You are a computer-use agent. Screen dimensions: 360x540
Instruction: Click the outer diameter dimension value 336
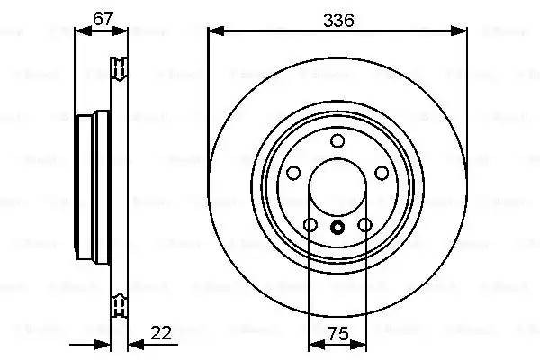pyautogui.click(x=337, y=17)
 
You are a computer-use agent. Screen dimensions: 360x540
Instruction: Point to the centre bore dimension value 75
pyautogui.click(x=337, y=332)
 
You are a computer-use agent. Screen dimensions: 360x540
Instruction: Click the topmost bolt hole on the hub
pyautogui.click(x=337, y=140)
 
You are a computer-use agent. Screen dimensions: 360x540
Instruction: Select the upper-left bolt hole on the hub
pyautogui.click(x=294, y=173)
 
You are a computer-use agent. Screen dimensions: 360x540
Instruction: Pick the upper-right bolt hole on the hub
pyautogui.click(x=381, y=173)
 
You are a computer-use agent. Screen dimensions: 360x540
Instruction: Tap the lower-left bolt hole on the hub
pyautogui.click(x=310, y=225)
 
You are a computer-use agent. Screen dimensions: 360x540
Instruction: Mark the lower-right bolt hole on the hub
pyautogui.click(x=364, y=225)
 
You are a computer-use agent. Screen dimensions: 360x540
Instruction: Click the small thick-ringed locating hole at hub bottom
pyautogui.click(x=337, y=228)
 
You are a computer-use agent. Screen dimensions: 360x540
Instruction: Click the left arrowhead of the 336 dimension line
pyautogui.click(x=213, y=31)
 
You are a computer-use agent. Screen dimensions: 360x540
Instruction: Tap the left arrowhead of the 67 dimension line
pyautogui.click(x=79, y=31)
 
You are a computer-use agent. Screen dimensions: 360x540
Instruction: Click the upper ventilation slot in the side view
pyautogui.click(x=118, y=68)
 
